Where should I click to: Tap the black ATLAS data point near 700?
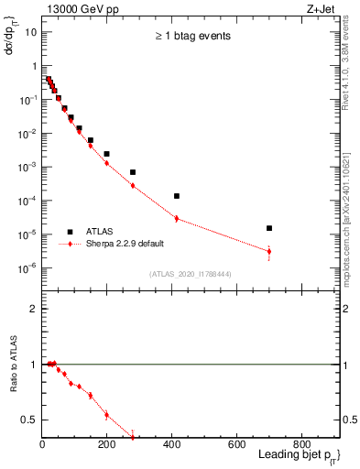click(269, 228)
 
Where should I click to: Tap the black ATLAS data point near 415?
click(177, 196)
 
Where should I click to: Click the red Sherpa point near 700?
click(269, 251)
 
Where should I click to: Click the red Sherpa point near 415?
click(177, 218)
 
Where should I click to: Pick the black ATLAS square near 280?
click(133, 172)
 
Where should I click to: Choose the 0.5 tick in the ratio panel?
click(31, 420)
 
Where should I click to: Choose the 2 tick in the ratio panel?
click(34, 309)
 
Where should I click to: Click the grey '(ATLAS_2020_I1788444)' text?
click(190, 274)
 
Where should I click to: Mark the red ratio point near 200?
click(107, 415)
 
